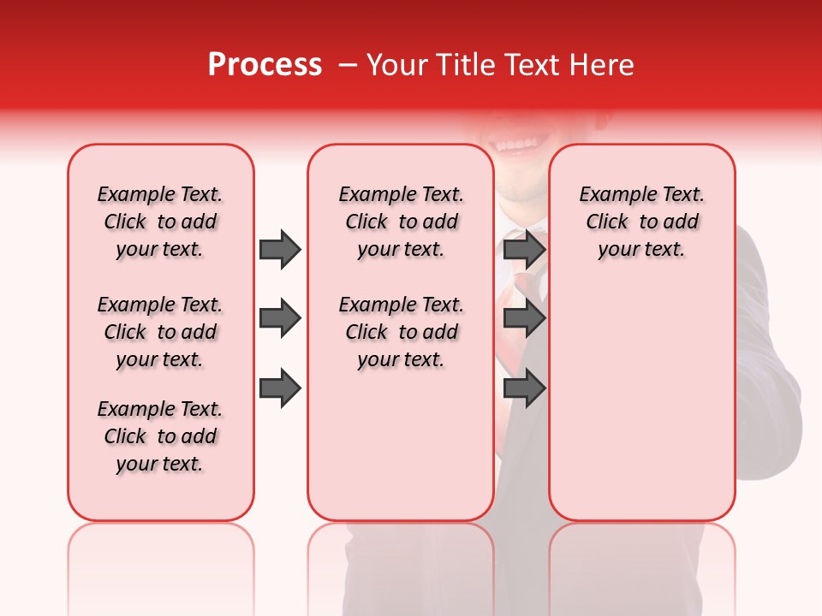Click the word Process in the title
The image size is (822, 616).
[265, 65]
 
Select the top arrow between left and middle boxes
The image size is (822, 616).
[280, 249]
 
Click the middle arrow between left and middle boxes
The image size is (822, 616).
[280, 318]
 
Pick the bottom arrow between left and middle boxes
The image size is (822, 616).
[280, 388]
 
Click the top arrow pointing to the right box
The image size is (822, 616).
[524, 249]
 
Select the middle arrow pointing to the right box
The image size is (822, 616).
[524, 318]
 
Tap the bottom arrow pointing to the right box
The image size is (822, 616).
[524, 388]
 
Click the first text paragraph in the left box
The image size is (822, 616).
[160, 222]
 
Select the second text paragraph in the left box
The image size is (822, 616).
[160, 332]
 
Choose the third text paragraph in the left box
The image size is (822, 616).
[160, 436]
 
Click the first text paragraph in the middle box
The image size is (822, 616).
[401, 222]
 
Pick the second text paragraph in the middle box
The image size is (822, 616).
[401, 332]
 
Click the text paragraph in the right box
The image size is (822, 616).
[641, 222]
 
